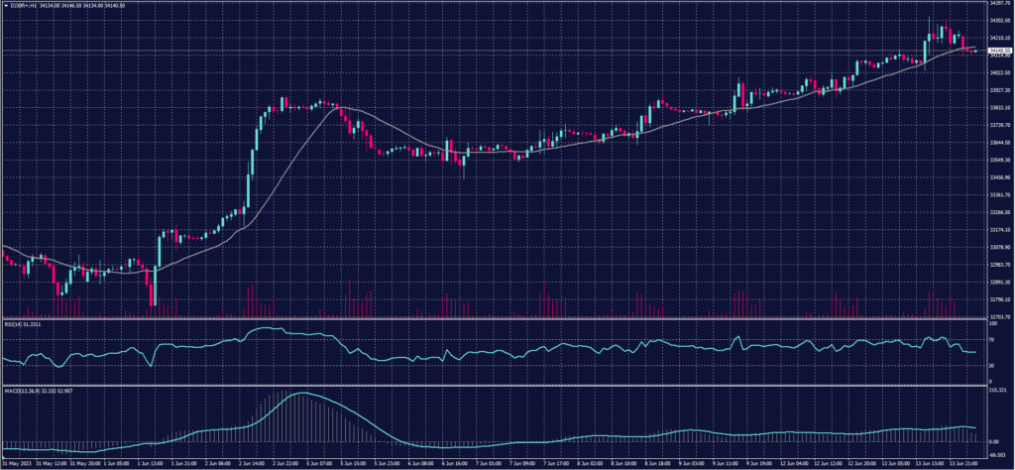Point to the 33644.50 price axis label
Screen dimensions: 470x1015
[x=999, y=142]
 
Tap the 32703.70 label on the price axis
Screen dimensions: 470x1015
[x=999, y=316]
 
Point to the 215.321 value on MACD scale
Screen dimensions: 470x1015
[x=997, y=391]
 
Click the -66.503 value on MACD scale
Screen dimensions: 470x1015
[x=997, y=455]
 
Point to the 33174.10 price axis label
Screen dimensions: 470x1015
[x=999, y=229]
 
